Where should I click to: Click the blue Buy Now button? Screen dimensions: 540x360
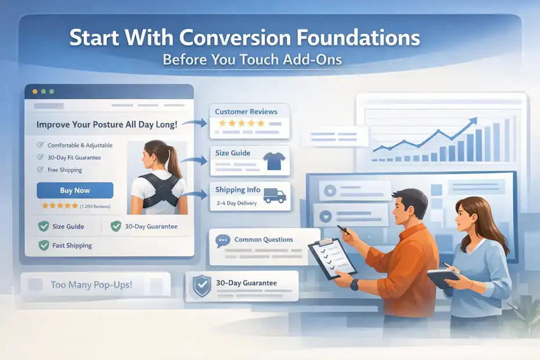[75, 190]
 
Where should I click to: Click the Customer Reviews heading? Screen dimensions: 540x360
[246, 111]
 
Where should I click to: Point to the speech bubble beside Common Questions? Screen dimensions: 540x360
[222, 240]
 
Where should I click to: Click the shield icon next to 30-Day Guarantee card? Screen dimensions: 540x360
[201, 285]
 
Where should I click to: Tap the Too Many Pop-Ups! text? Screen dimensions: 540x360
[91, 285]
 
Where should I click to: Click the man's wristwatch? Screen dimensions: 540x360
[355, 284]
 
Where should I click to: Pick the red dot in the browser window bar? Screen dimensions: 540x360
[34, 92]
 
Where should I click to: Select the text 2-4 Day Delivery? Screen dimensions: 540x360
[236, 203]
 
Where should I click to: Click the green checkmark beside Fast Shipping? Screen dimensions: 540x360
[43, 245]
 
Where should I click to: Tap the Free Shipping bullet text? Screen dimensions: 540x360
[64, 170]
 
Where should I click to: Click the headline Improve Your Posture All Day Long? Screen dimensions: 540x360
[107, 124]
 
